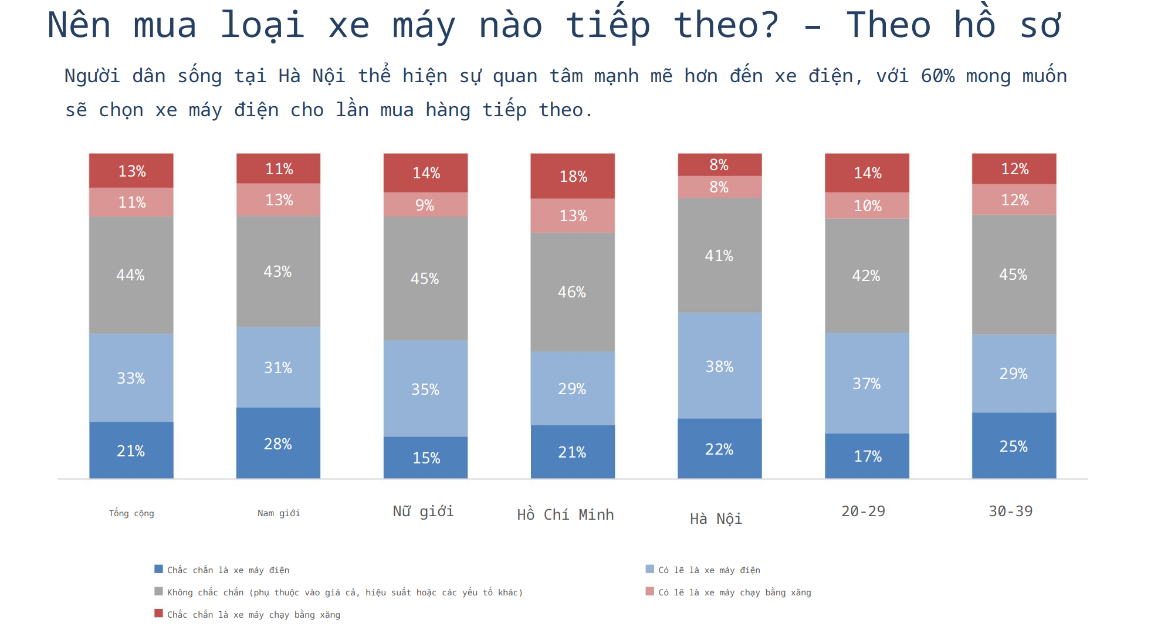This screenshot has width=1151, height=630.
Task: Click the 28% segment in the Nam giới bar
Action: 278,443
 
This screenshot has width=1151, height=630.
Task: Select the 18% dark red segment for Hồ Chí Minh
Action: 573,176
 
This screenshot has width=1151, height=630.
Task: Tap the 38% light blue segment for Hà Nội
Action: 719,366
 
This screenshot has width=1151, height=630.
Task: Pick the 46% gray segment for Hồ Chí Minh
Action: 573,292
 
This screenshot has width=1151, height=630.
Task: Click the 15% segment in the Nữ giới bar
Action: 425,458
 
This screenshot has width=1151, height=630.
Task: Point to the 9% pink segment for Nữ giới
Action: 425,205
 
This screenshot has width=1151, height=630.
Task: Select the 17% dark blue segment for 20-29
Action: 867,456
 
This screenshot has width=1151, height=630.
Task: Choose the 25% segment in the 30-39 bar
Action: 1014,446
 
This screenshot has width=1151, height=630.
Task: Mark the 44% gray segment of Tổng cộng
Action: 131,275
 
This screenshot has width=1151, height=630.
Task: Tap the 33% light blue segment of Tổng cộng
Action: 131,378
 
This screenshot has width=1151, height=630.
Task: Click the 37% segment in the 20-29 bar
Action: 867,383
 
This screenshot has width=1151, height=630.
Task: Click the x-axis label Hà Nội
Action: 716,519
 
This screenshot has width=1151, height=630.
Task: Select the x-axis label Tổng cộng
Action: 131,513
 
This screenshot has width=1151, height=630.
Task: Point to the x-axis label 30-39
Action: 1010,511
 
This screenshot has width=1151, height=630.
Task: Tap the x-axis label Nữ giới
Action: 423,511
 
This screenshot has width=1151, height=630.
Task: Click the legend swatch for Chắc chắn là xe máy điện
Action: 158,569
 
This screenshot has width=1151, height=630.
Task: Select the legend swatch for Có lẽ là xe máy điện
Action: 649,569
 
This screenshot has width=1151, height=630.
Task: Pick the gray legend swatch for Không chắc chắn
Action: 158,591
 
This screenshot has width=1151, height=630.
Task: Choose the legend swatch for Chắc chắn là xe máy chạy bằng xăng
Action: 158,614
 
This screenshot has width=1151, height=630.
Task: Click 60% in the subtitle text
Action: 937,76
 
